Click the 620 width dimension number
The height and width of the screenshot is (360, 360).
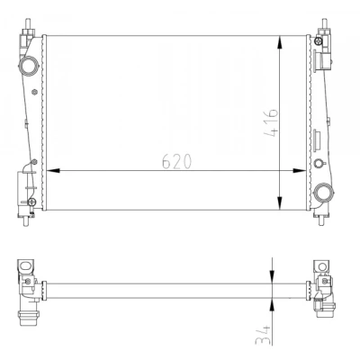[x=176, y=162]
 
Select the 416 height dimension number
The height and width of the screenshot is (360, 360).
[x=271, y=123]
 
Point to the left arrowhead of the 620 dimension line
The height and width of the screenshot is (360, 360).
[x=53, y=171]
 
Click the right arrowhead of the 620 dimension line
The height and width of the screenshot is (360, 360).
[x=300, y=171]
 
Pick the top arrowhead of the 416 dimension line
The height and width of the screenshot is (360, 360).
[x=280, y=42]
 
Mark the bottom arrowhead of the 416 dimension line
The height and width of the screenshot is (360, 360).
[x=280, y=202]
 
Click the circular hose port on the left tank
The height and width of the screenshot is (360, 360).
[x=28, y=65]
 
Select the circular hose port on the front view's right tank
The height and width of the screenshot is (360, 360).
[x=324, y=192]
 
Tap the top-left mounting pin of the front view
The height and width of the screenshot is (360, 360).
[x=28, y=24]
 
